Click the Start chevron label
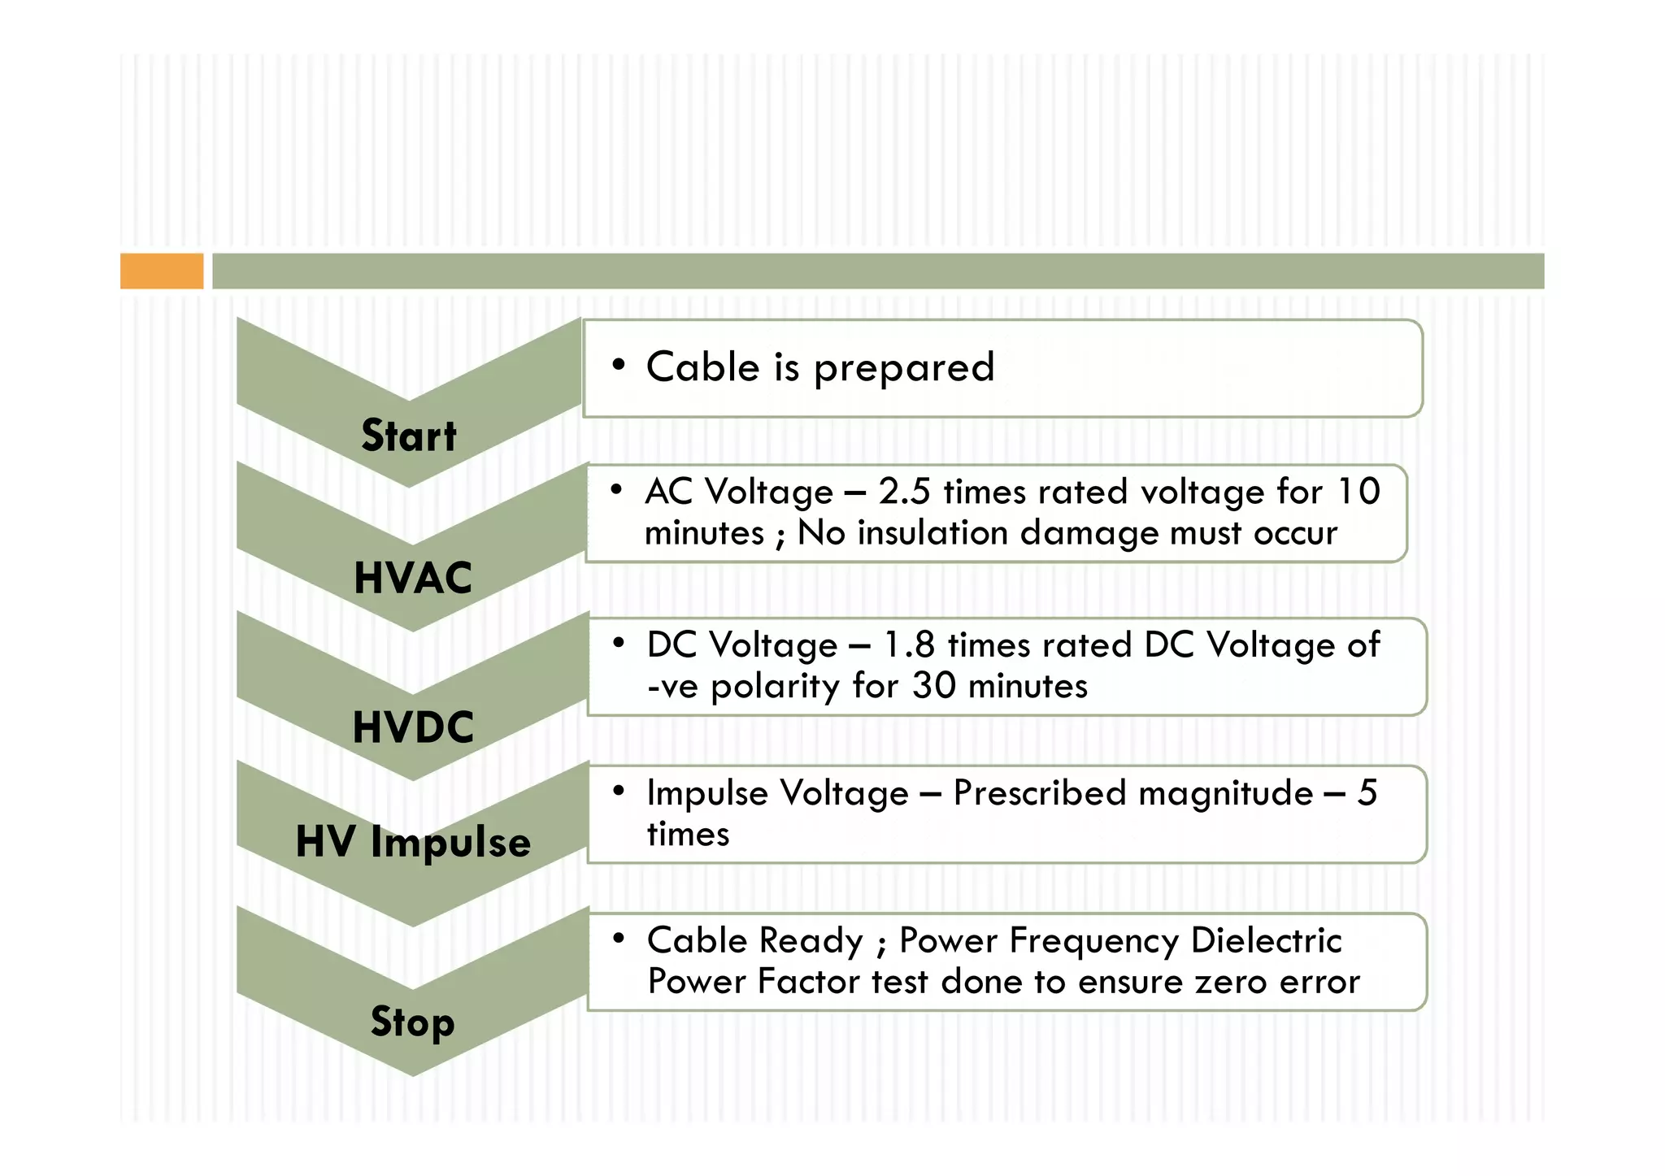409,436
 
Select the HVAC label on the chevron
413,578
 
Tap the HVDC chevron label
413,727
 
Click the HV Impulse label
413,842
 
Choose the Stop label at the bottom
412,1022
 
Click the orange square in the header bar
162,271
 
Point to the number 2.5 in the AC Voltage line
904,492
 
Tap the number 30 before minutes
933,686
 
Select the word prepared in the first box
904,368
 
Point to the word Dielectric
1266,941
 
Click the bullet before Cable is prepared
619,365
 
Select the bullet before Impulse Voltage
619,790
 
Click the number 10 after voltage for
1359,492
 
